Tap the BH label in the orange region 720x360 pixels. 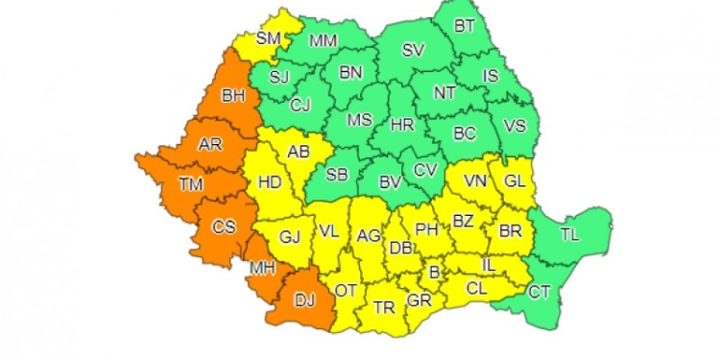pyautogui.click(x=233, y=95)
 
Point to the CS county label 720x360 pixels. pyautogui.click(x=224, y=228)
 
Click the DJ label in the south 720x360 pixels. pyautogui.click(x=304, y=300)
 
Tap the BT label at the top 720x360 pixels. pyautogui.click(x=464, y=26)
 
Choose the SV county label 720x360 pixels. pyautogui.click(x=412, y=50)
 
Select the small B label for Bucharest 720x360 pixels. pyautogui.click(x=434, y=273)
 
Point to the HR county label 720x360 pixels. pyautogui.click(x=402, y=124)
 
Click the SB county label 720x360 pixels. pyautogui.click(x=337, y=174)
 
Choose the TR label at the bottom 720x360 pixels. pyautogui.click(x=383, y=308)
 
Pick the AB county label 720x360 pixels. pyautogui.click(x=299, y=151)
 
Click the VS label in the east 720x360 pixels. pyautogui.click(x=516, y=125)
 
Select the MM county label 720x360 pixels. pyautogui.click(x=324, y=41)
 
